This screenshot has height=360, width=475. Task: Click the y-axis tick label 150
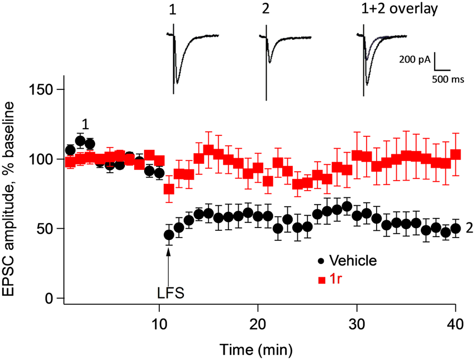(46, 89)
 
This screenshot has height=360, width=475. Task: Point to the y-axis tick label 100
(46, 159)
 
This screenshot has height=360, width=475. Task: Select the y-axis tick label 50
(50, 229)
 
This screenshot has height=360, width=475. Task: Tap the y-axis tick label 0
(54, 299)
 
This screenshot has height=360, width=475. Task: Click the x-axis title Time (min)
(256, 349)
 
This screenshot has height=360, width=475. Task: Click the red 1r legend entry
(330, 279)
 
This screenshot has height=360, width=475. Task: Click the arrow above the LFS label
(168, 263)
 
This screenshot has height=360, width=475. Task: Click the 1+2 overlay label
(397, 10)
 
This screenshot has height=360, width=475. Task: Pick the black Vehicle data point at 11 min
(169, 235)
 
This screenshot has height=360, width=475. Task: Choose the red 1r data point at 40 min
(455, 154)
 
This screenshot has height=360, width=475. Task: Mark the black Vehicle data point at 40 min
(455, 228)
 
